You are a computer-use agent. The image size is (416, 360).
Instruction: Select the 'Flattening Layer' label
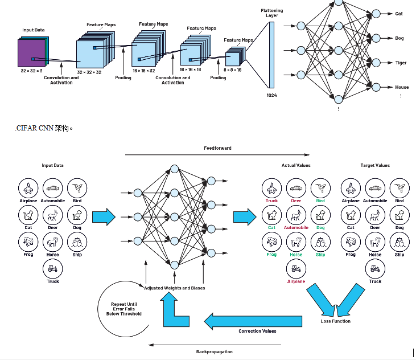tap(271, 13)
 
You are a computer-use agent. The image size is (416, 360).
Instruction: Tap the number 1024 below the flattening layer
tap(271, 95)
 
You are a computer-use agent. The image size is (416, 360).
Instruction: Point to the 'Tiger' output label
tap(401, 63)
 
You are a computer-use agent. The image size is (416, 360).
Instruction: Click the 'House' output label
tap(402, 87)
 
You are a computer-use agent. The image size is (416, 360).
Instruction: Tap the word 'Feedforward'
tap(217, 148)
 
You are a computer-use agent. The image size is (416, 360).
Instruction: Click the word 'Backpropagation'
tap(214, 351)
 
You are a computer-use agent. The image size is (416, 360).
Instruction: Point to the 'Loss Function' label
tap(335, 321)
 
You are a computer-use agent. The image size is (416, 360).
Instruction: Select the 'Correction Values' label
tap(257, 330)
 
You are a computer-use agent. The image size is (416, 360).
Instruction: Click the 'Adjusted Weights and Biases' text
tap(174, 288)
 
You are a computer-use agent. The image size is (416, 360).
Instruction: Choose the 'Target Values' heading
tap(375, 165)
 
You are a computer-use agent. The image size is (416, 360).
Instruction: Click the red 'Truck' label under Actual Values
tap(271, 201)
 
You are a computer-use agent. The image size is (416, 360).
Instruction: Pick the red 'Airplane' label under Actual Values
tap(296, 281)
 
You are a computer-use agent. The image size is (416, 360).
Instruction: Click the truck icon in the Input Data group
tap(52, 268)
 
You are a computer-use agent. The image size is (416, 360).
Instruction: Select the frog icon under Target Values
tap(350, 242)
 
